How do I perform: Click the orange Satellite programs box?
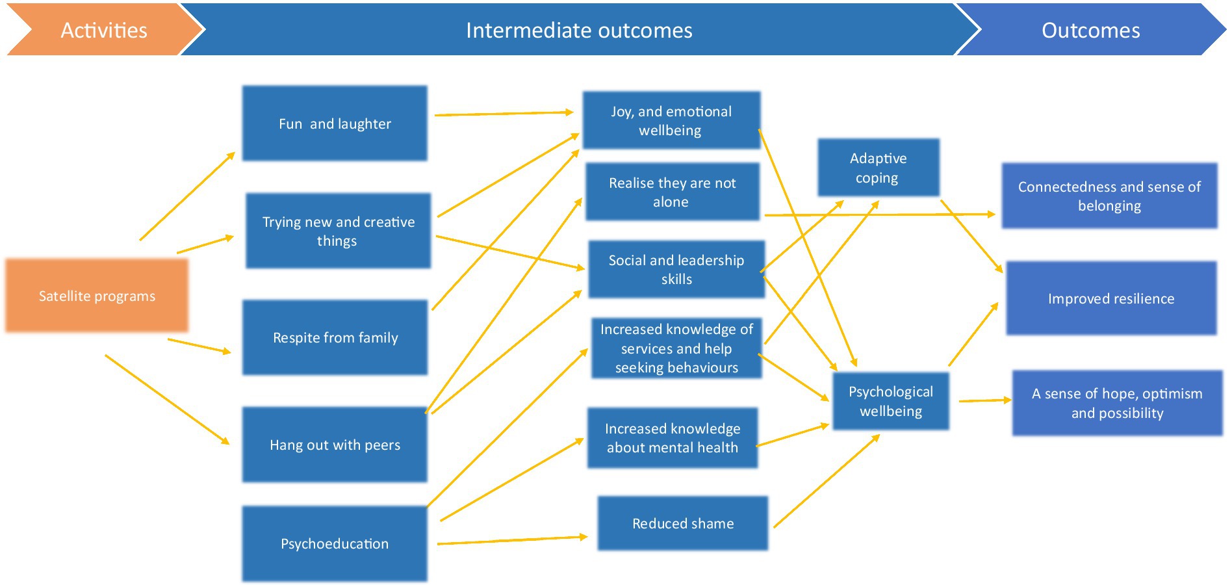[97, 296]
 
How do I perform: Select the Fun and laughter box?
[335, 123]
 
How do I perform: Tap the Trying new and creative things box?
[338, 231]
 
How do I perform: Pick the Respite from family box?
[335, 337]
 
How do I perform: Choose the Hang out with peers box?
[335, 445]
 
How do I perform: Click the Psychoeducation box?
[335, 544]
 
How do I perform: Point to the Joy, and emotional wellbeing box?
[671, 120]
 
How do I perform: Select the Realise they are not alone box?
[673, 192]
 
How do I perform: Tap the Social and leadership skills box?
[676, 269]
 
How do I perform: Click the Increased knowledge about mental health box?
[673, 438]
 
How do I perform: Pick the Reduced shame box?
[683, 523]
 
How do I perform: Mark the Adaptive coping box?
[879, 168]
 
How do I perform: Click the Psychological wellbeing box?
[891, 401]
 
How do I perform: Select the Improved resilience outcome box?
[1111, 298]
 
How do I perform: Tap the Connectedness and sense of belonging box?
[1109, 196]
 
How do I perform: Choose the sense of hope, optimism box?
[1118, 403]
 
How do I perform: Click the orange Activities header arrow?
[104, 30]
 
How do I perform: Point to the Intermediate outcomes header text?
[579, 31]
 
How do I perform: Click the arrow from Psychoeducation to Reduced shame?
[513, 540]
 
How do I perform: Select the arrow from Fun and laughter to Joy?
[504, 114]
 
